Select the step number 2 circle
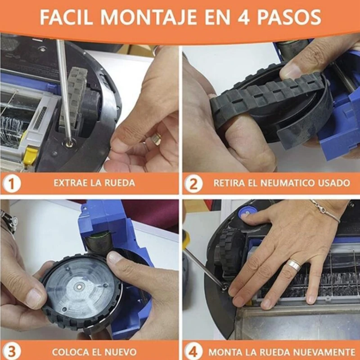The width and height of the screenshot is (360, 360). pos(194,183)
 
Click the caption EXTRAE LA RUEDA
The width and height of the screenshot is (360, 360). pos(94,183)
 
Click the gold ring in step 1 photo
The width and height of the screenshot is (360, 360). pos(156,139)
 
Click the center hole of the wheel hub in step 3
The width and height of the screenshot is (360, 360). pos(79,285)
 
